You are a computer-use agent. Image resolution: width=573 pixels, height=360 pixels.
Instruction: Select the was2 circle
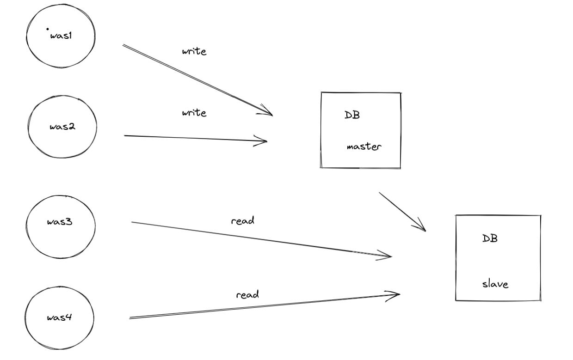62,127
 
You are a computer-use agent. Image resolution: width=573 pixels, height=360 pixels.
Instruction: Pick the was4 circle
59,317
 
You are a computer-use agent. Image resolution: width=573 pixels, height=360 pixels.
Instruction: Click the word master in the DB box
364,147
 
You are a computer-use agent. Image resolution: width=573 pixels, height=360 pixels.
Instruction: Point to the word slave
495,284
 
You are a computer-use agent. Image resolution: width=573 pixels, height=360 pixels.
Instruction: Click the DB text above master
352,115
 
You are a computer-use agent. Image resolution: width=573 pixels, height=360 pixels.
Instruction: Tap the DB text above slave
490,238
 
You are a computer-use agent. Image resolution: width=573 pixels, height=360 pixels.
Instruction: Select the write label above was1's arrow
194,51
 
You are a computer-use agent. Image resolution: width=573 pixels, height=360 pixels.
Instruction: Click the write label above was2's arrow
194,113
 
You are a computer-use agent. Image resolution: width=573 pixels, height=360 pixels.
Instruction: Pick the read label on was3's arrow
243,221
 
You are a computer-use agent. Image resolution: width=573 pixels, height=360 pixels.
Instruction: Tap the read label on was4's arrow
248,294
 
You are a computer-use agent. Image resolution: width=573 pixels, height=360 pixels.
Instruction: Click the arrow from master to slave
401,211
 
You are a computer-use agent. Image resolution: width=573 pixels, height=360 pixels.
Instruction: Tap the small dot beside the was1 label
47,30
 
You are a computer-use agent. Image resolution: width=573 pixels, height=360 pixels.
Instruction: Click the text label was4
59,317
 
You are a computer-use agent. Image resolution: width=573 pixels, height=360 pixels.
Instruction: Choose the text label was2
62,127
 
